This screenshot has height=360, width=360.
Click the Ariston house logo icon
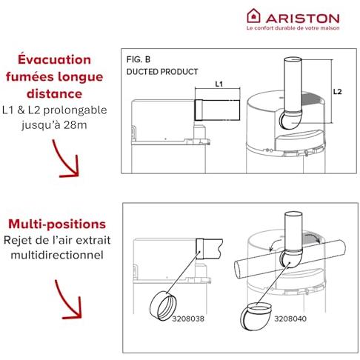[253, 16]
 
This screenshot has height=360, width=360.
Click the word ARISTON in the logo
[303, 19]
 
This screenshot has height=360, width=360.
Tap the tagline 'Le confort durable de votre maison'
[293, 28]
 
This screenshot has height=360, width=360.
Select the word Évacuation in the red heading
[54, 59]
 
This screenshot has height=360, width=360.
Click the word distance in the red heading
[54, 94]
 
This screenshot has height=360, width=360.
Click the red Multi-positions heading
[57, 224]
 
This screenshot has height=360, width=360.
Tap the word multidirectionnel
[57, 255]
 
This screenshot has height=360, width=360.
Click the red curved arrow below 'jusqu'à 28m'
[66, 161]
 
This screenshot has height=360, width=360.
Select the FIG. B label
[139, 59]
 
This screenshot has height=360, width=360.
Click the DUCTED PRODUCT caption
[162, 72]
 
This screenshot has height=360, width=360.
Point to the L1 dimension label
[219, 84]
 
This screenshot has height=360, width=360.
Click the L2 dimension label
[337, 92]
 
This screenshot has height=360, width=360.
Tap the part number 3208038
[188, 319]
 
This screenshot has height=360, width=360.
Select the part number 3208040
[290, 319]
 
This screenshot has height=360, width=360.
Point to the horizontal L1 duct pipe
[217, 110]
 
